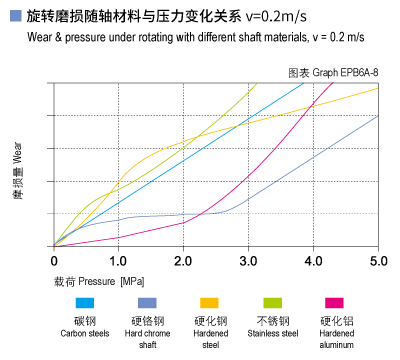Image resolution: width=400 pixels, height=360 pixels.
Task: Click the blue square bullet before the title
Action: point(13,17)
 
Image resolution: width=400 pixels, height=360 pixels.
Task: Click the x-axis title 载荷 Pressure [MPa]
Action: point(99,281)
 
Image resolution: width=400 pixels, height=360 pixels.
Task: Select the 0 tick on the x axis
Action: point(55,260)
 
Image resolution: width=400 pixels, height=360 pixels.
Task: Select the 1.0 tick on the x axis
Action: point(118,260)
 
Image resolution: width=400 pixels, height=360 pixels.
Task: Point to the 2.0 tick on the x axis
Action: point(183,260)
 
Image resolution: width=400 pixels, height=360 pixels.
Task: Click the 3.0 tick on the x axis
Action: point(248,260)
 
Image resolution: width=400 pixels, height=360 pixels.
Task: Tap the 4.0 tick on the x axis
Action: point(313,260)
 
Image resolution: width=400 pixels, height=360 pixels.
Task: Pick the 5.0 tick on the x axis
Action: point(378,260)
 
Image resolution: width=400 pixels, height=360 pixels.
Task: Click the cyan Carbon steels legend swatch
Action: point(85,302)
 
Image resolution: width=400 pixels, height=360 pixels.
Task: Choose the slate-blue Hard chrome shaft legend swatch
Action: point(147,302)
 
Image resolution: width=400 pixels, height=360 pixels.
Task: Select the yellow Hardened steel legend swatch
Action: point(209,302)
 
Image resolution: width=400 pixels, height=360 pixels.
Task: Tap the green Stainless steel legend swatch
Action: point(272,302)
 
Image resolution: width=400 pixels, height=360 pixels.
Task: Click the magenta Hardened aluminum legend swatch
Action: point(333,302)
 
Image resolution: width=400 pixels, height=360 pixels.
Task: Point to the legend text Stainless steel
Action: point(272,333)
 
